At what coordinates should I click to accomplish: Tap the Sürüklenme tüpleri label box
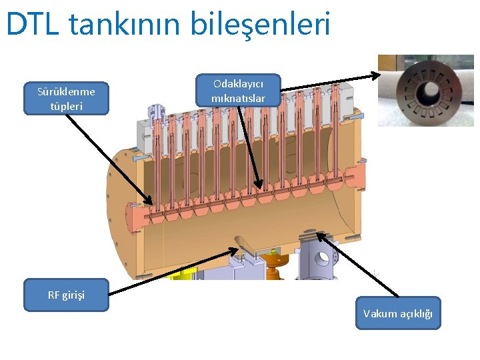click(66, 99)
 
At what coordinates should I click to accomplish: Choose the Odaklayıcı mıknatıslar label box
click(238, 91)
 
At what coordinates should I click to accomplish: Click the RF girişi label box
click(66, 295)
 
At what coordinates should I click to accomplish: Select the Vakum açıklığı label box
click(398, 313)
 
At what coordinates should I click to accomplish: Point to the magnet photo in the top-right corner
click(425, 91)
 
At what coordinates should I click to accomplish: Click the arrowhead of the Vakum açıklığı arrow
click(321, 234)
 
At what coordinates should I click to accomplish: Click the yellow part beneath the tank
click(182, 273)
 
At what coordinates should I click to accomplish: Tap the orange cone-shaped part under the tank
click(273, 261)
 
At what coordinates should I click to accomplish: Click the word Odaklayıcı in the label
click(238, 84)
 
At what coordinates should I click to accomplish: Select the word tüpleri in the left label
click(66, 106)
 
